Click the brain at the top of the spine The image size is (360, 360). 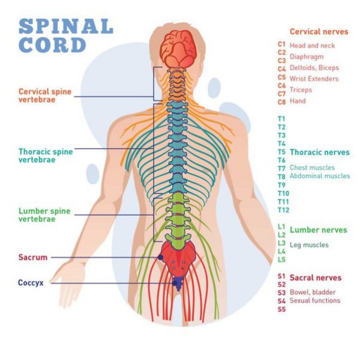(x=178, y=47)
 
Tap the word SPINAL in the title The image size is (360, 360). (x=66, y=27)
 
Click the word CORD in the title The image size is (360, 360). (x=52, y=45)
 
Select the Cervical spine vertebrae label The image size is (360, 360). (x=45, y=95)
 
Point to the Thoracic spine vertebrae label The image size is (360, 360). (x=46, y=155)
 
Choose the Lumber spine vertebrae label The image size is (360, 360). (x=45, y=215)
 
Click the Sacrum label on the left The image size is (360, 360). (x=32, y=257)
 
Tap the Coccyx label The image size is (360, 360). (x=31, y=283)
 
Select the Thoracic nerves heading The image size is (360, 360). (x=319, y=152)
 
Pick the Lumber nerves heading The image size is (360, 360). (x=318, y=230)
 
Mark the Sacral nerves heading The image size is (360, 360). (x=316, y=278)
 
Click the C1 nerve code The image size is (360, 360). (x=281, y=44)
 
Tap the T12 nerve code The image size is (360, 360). (x=283, y=210)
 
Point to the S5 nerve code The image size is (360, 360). (x=281, y=310)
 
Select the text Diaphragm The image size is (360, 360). (x=307, y=57)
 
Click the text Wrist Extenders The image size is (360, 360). (x=314, y=79)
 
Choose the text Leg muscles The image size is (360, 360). (x=309, y=245)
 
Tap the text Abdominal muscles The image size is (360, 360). (x=319, y=176)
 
